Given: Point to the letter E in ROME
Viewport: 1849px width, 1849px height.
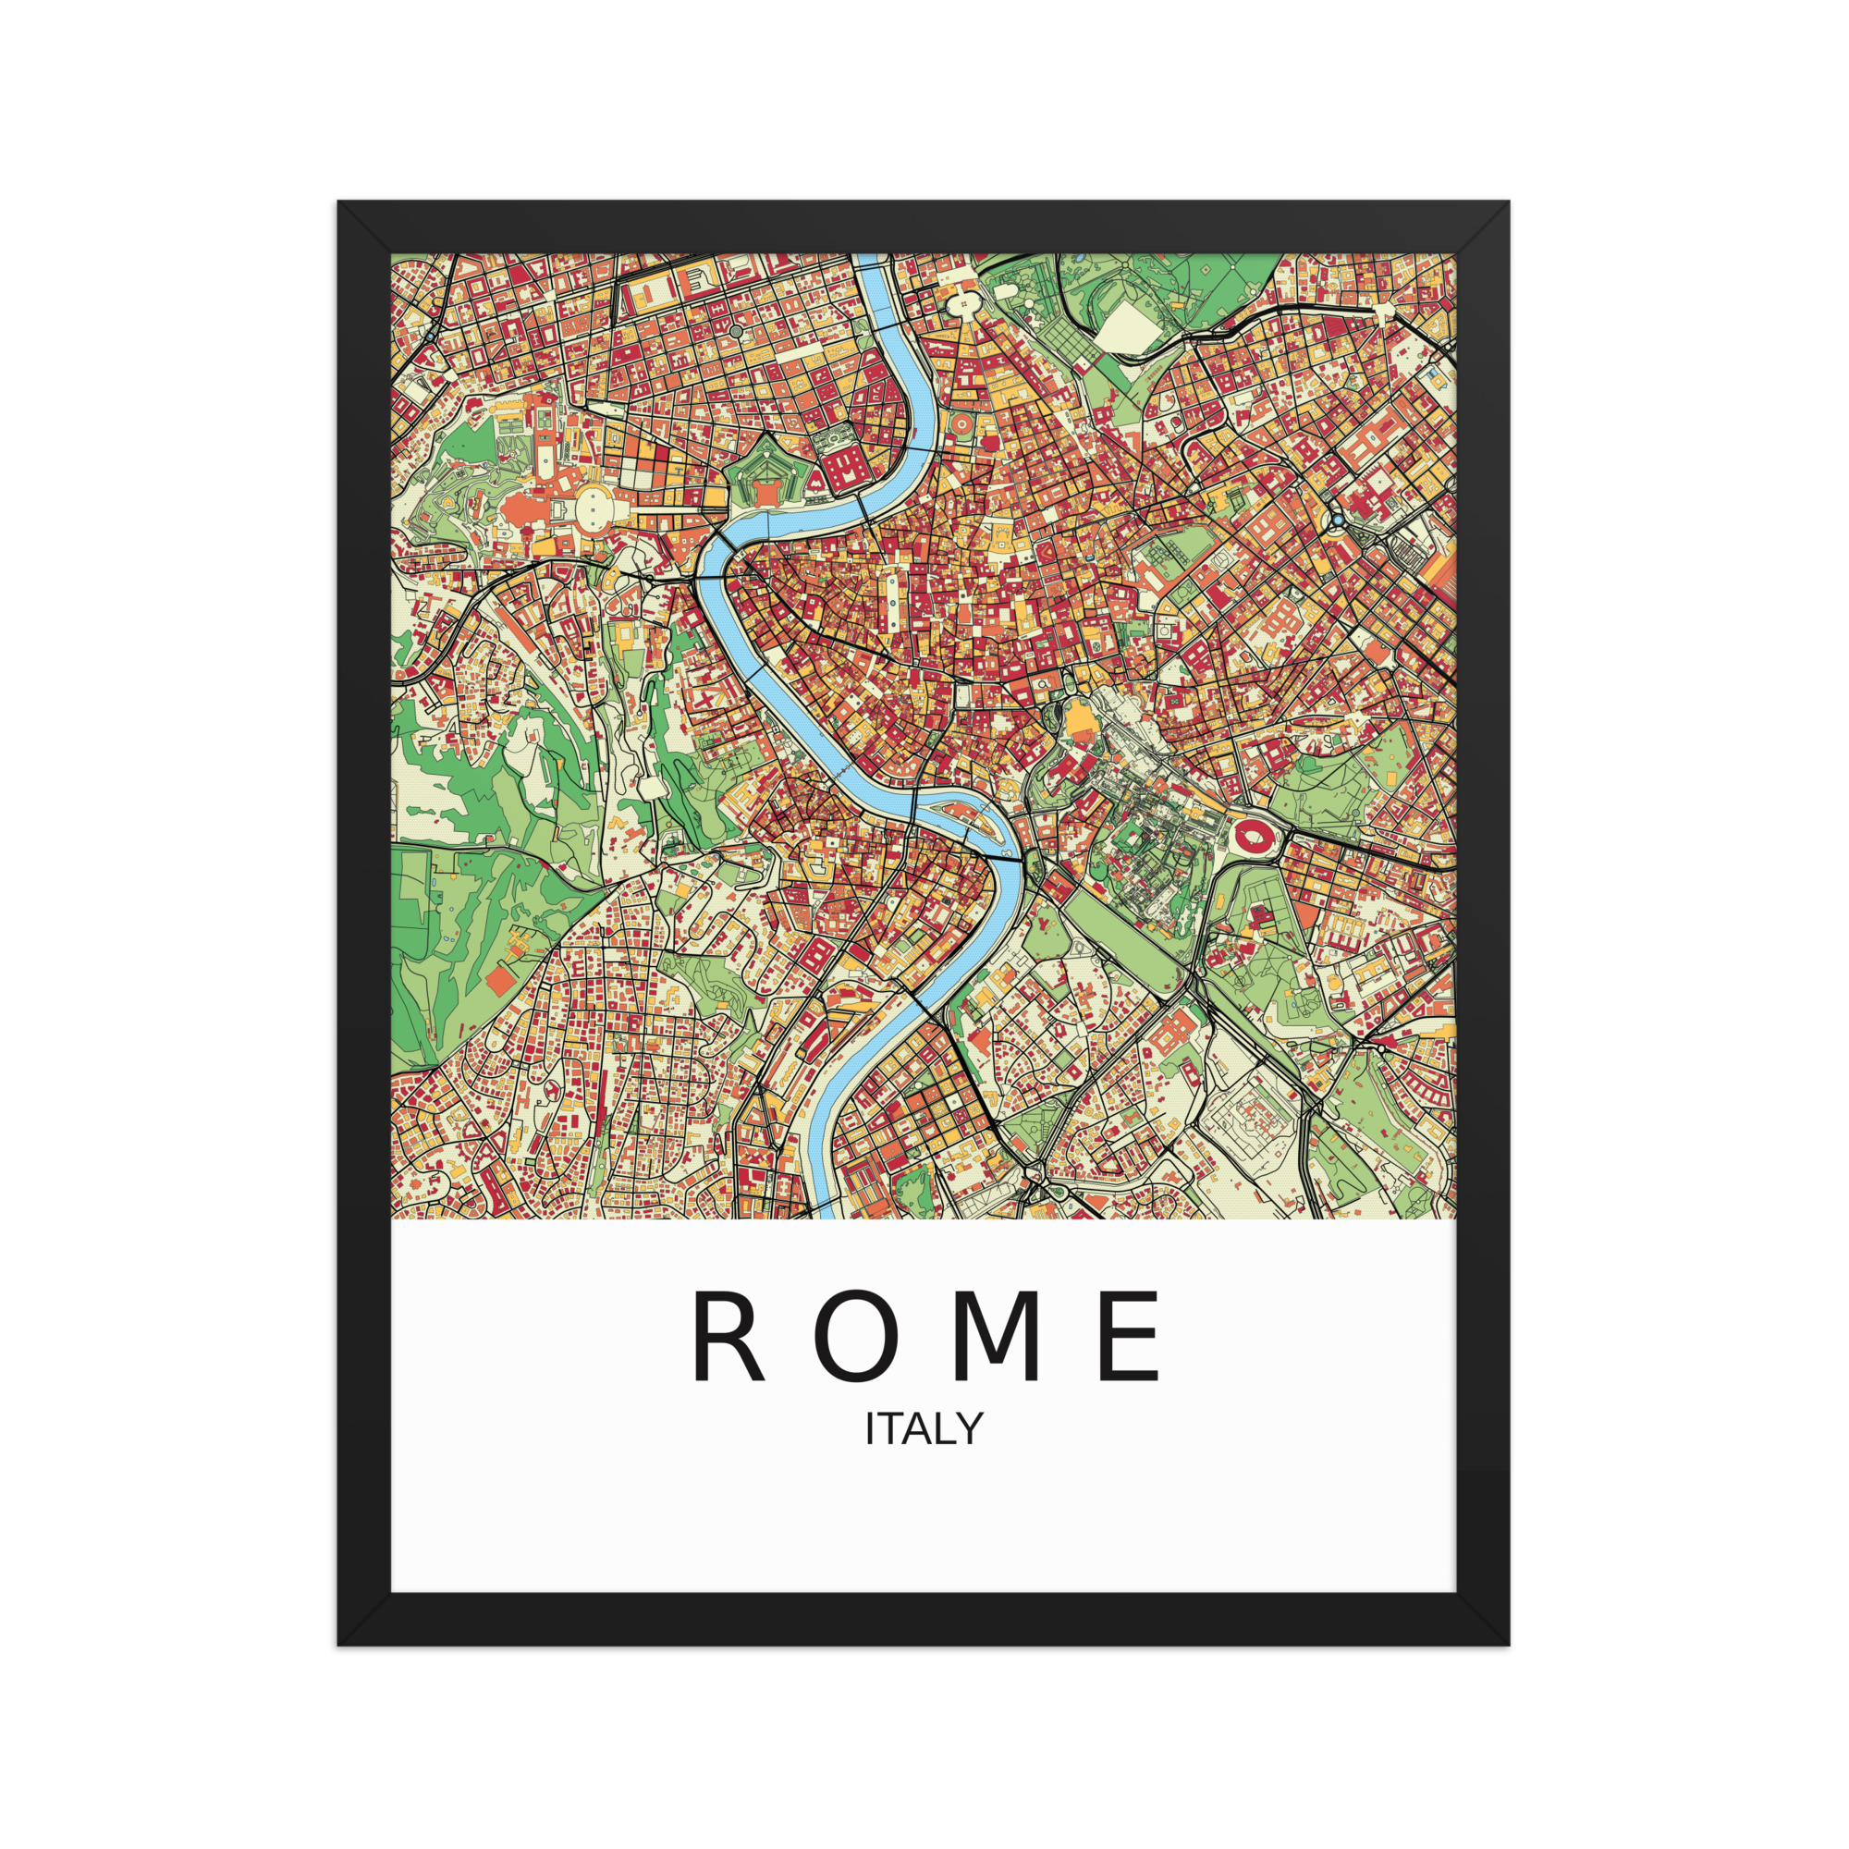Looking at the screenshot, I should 1131,1337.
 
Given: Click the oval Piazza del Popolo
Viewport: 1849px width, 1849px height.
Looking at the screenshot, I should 961,305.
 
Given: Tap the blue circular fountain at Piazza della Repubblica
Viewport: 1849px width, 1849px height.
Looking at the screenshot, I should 1337,521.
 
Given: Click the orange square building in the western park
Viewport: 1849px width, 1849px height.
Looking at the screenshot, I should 498,981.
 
